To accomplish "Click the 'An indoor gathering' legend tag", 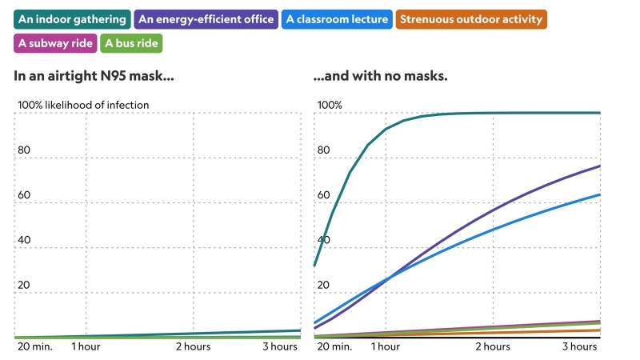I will point(72,19).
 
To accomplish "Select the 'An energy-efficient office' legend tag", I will point(207,19).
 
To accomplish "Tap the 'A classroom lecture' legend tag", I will point(337,19).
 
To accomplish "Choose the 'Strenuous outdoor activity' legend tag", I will point(471,19).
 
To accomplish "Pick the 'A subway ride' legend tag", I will point(55,43).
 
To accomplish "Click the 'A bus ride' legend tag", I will point(132,43).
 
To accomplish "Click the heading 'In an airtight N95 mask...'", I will point(94,77).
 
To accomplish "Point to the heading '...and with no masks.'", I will point(380,77).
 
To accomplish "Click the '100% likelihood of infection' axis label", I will point(83,105).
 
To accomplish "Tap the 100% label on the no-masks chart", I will point(330,105).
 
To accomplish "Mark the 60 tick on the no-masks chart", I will point(324,194).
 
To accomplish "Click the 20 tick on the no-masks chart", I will point(324,285).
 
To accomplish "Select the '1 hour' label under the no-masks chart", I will point(385,346).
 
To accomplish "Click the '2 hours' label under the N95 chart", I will point(194,346).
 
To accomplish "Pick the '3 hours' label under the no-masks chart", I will point(579,346).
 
